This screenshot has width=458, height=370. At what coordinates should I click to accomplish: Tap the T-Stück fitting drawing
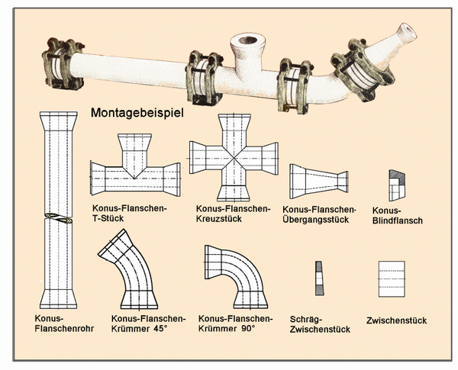(135, 168)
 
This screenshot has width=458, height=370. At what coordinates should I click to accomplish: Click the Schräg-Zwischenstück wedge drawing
(319, 279)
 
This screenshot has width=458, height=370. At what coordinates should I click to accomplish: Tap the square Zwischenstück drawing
(392, 279)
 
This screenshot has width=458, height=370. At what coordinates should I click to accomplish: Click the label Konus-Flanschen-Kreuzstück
(234, 213)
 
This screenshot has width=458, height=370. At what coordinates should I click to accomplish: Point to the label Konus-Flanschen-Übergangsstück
(319, 215)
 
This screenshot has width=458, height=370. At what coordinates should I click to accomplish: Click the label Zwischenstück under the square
(396, 320)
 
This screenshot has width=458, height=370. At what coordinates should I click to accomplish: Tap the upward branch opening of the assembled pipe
(248, 39)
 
